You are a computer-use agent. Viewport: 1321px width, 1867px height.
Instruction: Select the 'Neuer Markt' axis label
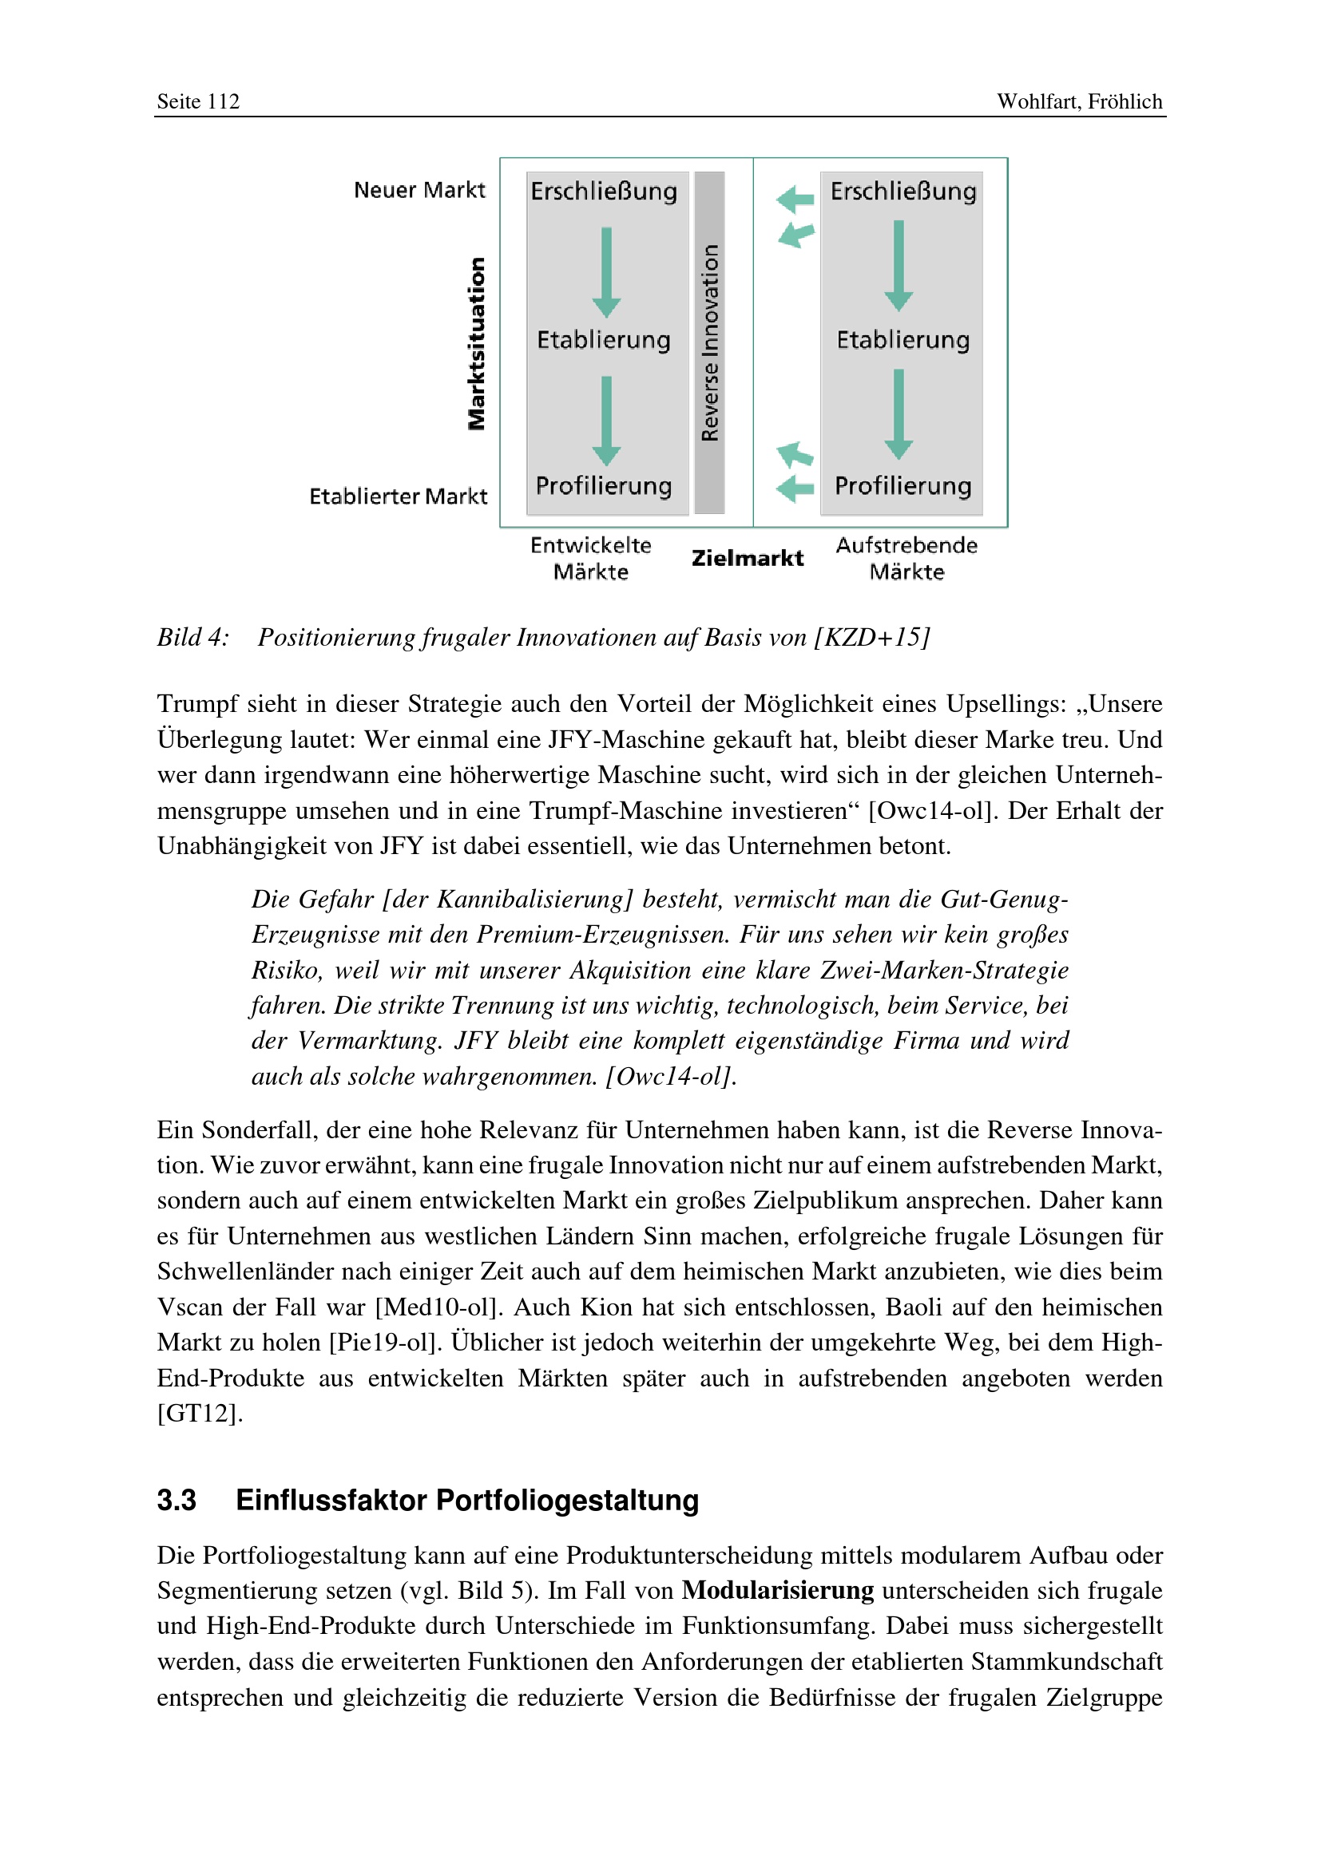419,190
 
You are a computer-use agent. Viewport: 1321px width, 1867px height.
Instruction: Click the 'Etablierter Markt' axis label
398,496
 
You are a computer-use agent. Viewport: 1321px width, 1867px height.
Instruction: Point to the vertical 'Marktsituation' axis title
477,343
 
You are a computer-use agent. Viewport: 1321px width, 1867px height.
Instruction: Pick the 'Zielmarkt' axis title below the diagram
747,558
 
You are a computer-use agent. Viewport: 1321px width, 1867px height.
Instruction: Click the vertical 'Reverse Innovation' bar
709,342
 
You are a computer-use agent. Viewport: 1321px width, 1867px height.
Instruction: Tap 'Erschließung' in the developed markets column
604,192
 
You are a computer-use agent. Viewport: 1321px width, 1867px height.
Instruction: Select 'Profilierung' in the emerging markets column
903,486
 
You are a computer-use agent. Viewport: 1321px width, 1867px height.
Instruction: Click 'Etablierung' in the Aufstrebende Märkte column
903,340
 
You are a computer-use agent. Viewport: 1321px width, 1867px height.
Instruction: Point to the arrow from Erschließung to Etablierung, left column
606,271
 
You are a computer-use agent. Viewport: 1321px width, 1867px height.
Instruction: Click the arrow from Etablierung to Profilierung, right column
898,414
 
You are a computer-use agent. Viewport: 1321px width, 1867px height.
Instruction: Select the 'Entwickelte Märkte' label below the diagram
590,558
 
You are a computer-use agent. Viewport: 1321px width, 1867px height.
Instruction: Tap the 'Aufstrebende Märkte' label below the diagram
906,558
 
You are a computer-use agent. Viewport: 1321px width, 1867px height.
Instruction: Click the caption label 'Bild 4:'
192,638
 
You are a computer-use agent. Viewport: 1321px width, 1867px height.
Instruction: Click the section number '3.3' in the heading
177,1501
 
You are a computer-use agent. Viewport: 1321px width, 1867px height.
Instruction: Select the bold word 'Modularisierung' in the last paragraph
777,1591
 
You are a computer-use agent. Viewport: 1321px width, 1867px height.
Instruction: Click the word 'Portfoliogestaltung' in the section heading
567,1501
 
